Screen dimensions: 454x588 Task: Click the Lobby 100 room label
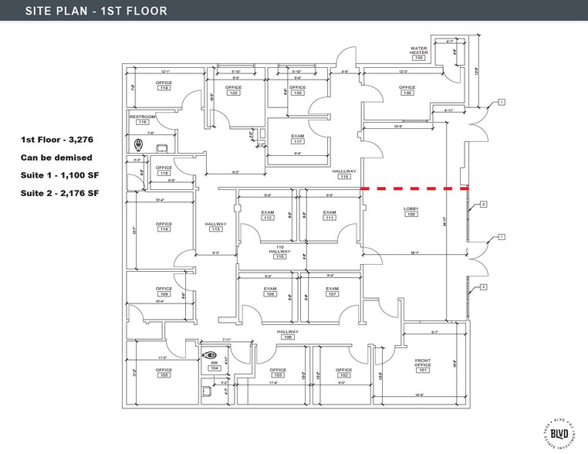[411, 212]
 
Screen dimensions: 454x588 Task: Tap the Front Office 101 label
[422, 364]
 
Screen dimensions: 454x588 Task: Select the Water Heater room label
[418, 53]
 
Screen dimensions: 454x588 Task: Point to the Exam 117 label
[297, 139]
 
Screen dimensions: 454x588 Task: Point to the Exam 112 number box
[268, 219]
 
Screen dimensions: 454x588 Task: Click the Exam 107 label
[333, 291]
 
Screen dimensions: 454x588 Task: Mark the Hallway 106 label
[288, 334]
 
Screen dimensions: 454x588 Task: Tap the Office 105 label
[164, 372]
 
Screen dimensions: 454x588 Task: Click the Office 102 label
[343, 372]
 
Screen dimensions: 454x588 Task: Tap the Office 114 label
[164, 226]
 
